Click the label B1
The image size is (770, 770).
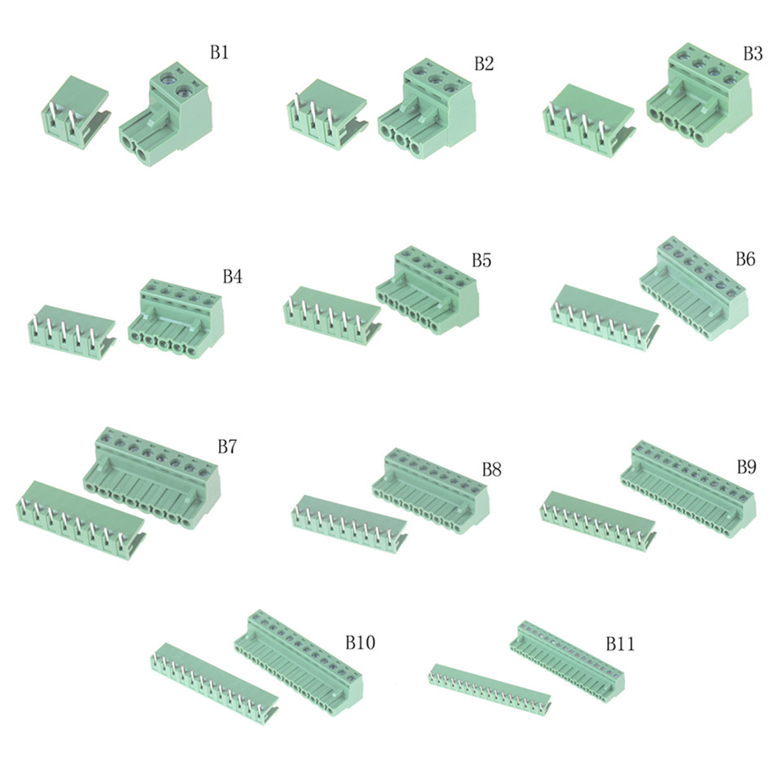220,52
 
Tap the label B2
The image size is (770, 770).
483,64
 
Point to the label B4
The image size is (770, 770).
232,277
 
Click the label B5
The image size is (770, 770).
481,261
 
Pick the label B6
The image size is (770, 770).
745,259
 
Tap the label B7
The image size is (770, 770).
227,447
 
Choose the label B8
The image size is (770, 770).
491,470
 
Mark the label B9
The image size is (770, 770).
746,467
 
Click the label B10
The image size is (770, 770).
360,642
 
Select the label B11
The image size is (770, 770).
619,644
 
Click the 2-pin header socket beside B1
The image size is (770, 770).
75,112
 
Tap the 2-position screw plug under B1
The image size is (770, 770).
165,114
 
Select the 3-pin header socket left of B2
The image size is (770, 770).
327,115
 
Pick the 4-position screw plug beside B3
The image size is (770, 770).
699,95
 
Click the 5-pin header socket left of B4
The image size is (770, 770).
72,333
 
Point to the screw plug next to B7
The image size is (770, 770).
151,478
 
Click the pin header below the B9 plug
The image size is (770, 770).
598,521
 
